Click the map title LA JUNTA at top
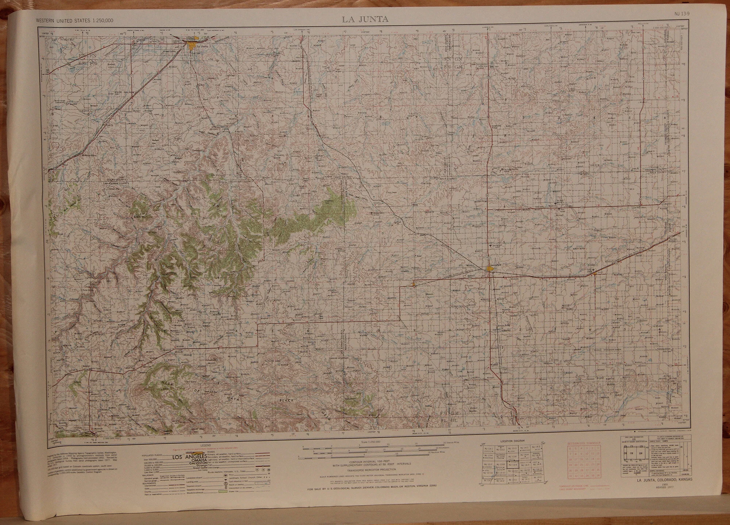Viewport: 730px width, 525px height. click(x=365, y=19)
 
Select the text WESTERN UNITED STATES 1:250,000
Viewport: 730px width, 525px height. click(x=75, y=21)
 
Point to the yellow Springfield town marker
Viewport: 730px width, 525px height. click(x=490, y=269)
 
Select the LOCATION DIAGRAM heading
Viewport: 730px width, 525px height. click(x=512, y=441)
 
